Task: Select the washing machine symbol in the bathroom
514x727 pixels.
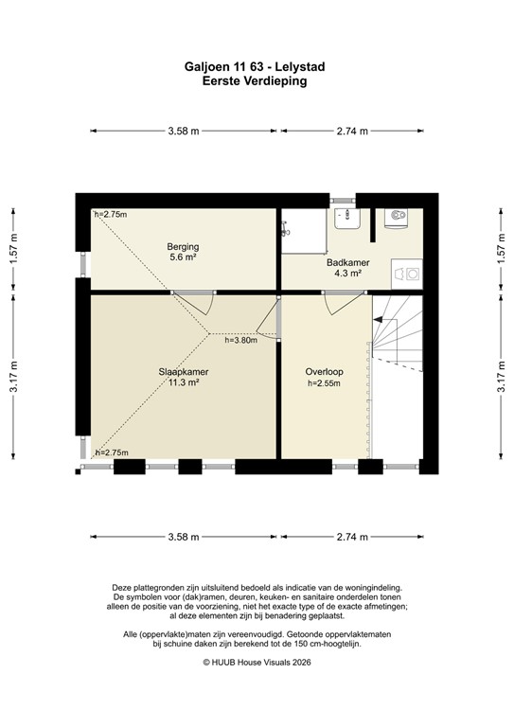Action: pyautogui.click(x=410, y=273)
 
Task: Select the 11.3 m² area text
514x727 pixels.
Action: pyautogui.click(x=183, y=382)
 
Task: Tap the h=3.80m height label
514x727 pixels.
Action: pyautogui.click(x=240, y=341)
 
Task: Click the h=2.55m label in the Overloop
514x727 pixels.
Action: pyautogui.click(x=323, y=383)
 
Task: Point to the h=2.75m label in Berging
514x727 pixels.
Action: pyautogui.click(x=111, y=214)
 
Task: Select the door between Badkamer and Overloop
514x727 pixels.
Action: pyautogui.click(x=342, y=302)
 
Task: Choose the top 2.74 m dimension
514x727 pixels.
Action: pyautogui.click(x=352, y=132)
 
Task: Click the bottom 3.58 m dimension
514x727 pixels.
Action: pyautogui.click(x=183, y=537)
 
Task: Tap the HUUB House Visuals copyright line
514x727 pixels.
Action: pyautogui.click(x=257, y=663)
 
